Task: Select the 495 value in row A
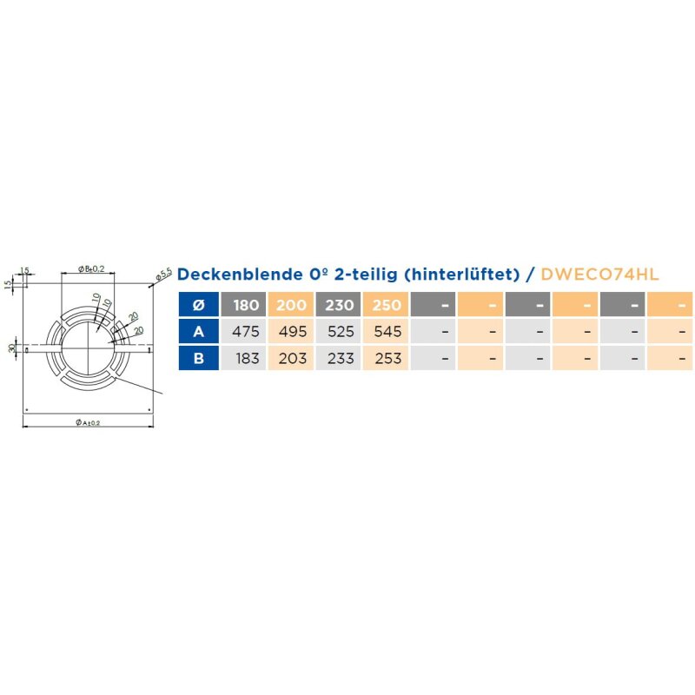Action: pyautogui.click(x=292, y=331)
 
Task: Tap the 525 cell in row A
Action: pyautogui.click(x=339, y=331)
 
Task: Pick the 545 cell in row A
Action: pyautogui.click(x=387, y=331)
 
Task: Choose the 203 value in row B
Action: pyautogui.click(x=292, y=358)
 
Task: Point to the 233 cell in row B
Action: pyautogui.click(x=339, y=358)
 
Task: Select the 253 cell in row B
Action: pyautogui.click(x=387, y=358)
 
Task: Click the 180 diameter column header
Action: pyautogui.click(x=245, y=305)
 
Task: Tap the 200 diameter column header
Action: pyautogui.click(x=292, y=305)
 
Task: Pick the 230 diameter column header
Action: pyautogui.click(x=339, y=305)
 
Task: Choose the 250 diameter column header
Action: pyautogui.click(x=387, y=305)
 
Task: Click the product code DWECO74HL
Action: pyautogui.click(x=599, y=275)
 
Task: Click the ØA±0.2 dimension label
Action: pyautogui.click(x=88, y=422)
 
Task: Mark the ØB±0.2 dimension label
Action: pyautogui.click(x=90, y=269)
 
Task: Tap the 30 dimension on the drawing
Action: pyautogui.click(x=10, y=349)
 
